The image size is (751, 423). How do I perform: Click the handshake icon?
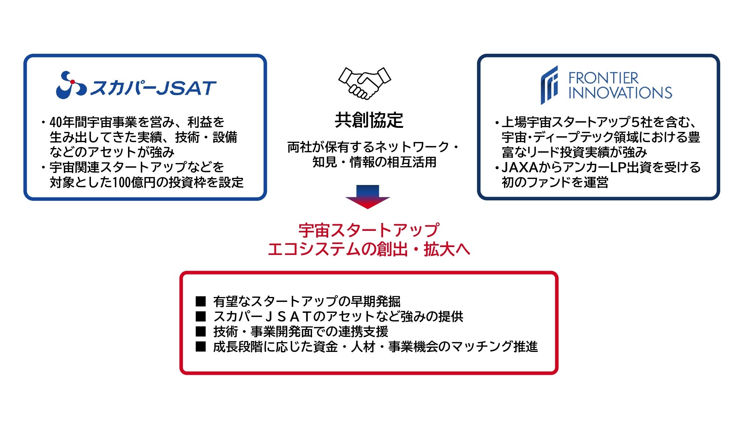tap(365, 83)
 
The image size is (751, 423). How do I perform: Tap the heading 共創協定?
tap(369, 120)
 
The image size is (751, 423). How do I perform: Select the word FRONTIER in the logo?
tap(603, 78)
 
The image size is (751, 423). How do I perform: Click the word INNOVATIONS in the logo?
tap(620, 93)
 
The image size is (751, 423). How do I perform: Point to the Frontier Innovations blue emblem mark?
tap(549, 85)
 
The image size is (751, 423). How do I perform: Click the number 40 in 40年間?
tap(56, 122)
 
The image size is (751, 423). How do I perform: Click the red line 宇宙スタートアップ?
tap(369, 230)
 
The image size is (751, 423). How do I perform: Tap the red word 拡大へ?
tap(447, 249)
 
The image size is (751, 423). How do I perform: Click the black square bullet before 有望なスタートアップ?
tap(201, 301)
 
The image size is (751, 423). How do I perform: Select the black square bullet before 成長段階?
tap(201, 346)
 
